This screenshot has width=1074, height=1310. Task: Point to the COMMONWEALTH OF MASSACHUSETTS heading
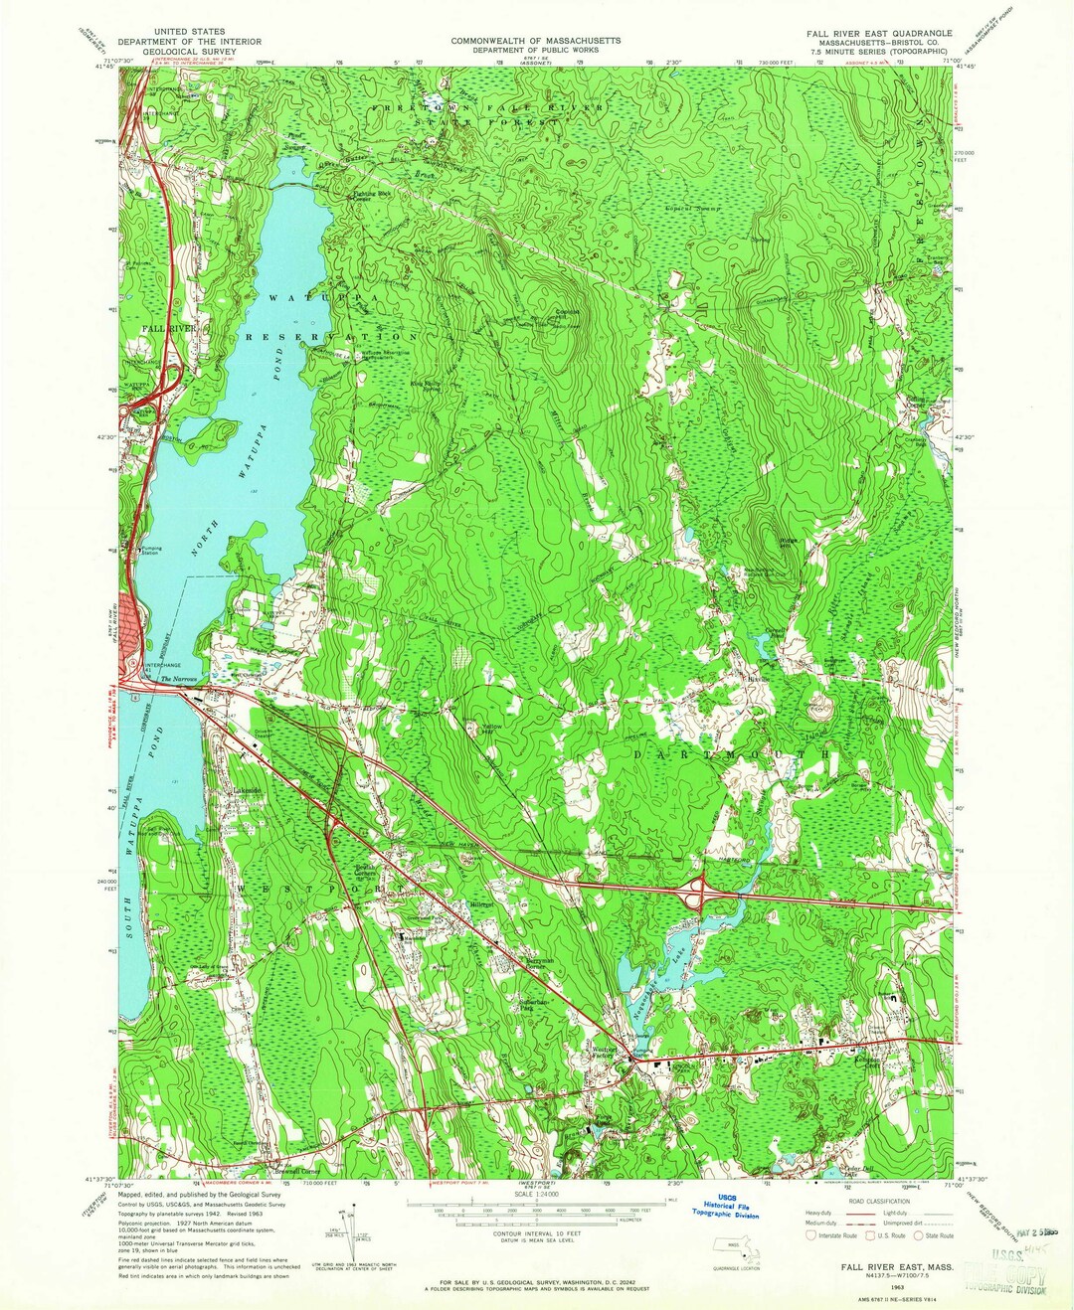(536, 41)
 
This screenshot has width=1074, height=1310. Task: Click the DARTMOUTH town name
(733, 755)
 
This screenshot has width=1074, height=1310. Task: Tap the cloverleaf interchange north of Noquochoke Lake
(704, 893)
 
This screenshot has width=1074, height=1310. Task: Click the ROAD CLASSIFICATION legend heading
(878, 1199)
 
